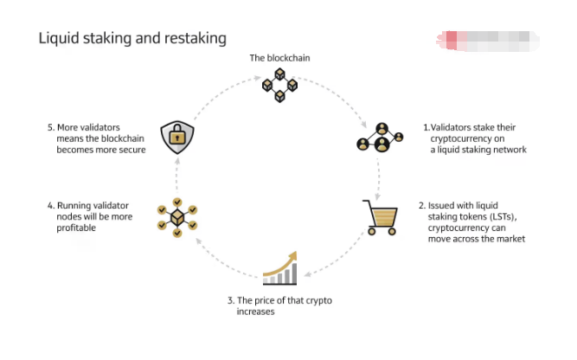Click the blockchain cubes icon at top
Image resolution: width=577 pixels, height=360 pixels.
click(x=279, y=86)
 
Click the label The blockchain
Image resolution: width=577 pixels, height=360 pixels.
click(x=279, y=58)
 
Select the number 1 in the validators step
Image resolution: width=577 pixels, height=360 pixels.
click(x=426, y=126)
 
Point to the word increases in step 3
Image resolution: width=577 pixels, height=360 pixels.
click(x=255, y=312)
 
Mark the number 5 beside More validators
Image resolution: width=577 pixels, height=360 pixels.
click(x=50, y=126)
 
